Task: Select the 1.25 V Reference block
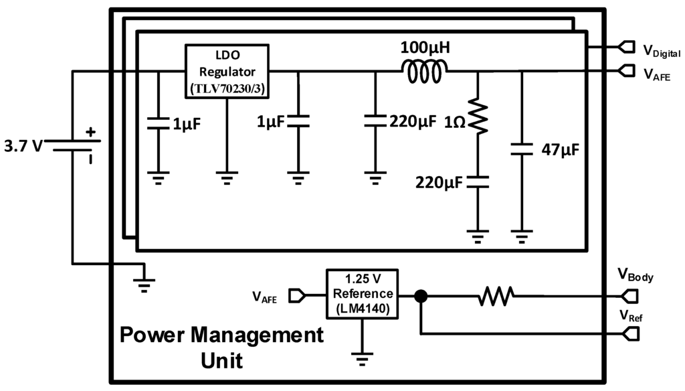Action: click(361, 293)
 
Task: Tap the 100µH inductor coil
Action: click(424, 72)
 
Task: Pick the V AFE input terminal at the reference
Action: click(297, 295)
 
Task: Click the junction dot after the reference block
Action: click(420, 295)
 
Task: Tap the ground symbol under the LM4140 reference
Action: click(361, 360)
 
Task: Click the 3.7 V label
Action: click(22, 146)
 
